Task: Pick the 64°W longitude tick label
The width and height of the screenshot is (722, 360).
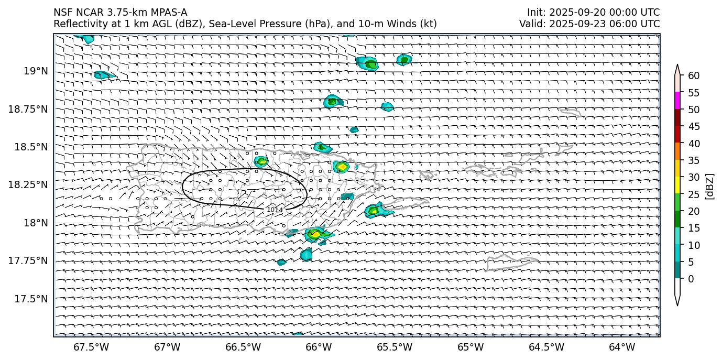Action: coord(622,347)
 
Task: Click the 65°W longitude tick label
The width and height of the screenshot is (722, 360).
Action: coord(471,347)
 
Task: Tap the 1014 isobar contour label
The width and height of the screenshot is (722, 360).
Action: coord(275,210)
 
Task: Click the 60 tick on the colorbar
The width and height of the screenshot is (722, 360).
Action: coord(694,76)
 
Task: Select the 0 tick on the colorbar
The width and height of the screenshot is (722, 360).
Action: coord(691,279)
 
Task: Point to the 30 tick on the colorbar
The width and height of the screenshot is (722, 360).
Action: coord(694,177)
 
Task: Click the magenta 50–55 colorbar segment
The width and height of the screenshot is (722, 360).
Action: coord(677,101)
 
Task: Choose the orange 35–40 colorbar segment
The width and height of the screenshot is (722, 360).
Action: coord(677,151)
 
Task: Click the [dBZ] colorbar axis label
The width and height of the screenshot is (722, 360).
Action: coord(710,186)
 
